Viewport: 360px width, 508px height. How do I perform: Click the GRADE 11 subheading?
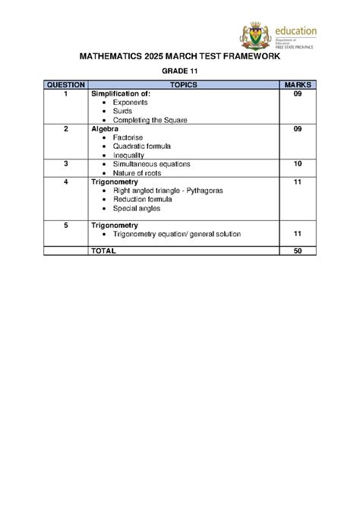(180, 70)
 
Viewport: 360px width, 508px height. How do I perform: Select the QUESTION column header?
(66, 84)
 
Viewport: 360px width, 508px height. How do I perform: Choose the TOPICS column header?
(184, 84)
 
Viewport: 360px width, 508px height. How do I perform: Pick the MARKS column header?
(297, 84)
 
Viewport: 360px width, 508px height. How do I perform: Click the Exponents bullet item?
(130, 102)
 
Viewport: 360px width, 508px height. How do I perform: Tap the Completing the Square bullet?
(149, 120)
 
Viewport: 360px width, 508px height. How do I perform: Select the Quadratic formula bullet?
(141, 147)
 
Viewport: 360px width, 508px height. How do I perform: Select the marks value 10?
(297, 164)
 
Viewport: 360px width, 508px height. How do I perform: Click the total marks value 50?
(297, 250)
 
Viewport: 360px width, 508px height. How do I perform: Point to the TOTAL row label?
(103, 250)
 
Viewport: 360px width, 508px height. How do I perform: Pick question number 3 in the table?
(66, 164)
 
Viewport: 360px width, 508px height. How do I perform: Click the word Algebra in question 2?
(106, 129)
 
